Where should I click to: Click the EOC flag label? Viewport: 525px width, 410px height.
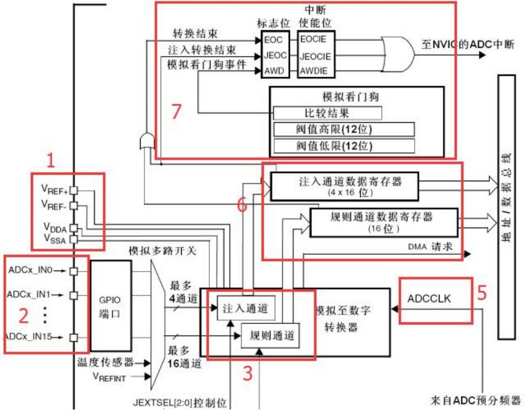[x=273, y=40]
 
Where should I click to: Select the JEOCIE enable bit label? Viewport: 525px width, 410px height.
[x=315, y=56]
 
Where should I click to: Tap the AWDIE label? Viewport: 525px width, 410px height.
[x=314, y=71]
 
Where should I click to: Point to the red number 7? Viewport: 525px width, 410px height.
[x=176, y=111]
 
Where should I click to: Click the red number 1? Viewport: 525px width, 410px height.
[x=51, y=160]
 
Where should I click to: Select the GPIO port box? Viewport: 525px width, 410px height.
[x=111, y=306]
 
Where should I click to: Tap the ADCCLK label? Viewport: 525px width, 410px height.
[x=429, y=299]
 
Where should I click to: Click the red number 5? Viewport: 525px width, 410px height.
[x=481, y=293]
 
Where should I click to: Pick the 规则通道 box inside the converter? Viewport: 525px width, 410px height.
[x=270, y=336]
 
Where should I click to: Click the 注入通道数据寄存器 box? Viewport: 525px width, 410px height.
[x=344, y=187]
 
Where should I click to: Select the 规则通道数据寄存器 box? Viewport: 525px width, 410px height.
[x=384, y=223]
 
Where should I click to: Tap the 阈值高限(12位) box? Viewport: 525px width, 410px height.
[x=344, y=129]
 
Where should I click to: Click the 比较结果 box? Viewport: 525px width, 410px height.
[x=328, y=113]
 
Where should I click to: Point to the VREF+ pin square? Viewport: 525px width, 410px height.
[x=74, y=190]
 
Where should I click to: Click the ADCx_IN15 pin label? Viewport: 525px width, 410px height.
[x=29, y=336]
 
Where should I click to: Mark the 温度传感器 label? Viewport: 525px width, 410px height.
[x=105, y=362]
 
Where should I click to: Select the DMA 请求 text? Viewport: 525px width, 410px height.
[x=430, y=247]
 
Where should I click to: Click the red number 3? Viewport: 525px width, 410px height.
[x=248, y=373]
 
